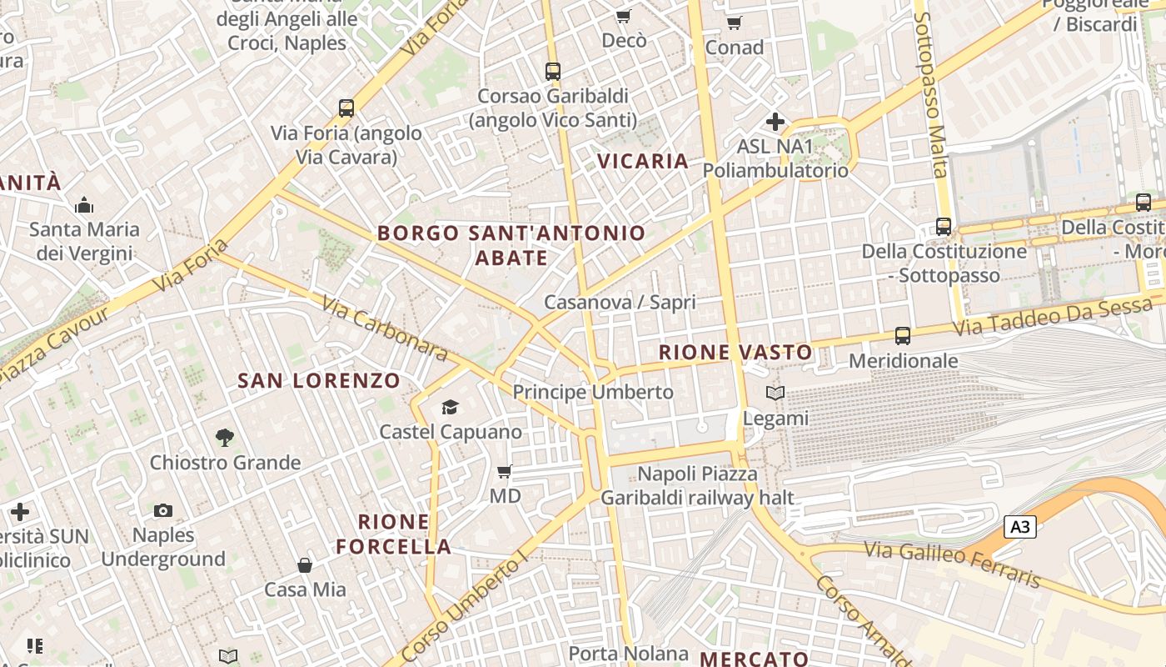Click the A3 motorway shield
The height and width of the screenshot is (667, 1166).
pyautogui.click(x=1020, y=527)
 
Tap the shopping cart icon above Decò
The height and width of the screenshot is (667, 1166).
pyautogui.click(x=623, y=17)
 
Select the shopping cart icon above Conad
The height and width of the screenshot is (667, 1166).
pyautogui.click(x=734, y=23)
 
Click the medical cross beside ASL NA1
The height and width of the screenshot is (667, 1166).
pyautogui.click(x=775, y=122)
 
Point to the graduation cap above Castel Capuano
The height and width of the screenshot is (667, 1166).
pyautogui.click(x=451, y=407)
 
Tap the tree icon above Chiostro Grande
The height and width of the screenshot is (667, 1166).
pyautogui.click(x=224, y=437)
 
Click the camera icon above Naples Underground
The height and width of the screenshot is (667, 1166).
pyautogui.click(x=163, y=510)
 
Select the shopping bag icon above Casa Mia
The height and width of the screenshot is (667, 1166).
pyautogui.click(x=306, y=565)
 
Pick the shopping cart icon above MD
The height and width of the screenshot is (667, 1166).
pyautogui.click(x=505, y=472)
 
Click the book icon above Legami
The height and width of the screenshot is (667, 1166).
pyautogui.click(x=775, y=393)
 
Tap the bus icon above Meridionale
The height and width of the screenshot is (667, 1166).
pyautogui.click(x=903, y=336)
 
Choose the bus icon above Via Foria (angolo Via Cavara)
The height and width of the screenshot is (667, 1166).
pyautogui.click(x=346, y=108)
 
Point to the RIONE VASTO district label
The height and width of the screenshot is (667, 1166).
pyautogui.click(x=735, y=352)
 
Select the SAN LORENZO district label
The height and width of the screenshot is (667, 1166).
pyautogui.click(x=319, y=381)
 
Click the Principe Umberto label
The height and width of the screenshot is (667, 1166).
pyautogui.click(x=593, y=392)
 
